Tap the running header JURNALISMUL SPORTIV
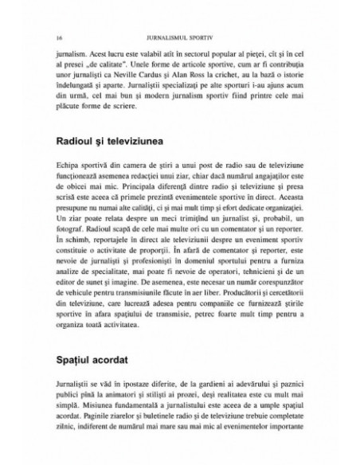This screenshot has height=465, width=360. point(179,37)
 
